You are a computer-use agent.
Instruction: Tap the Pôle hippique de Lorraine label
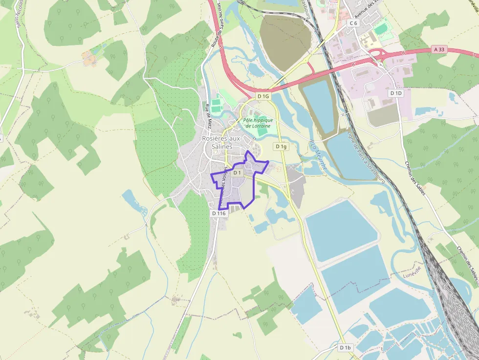click(x=258, y=123)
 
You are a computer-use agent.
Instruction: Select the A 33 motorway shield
click(x=439, y=49)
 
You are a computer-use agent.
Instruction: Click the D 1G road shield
click(x=263, y=96)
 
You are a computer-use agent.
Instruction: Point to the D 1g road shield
click(x=281, y=146)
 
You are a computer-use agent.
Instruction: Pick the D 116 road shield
click(x=219, y=213)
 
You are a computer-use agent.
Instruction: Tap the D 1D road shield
click(x=395, y=93)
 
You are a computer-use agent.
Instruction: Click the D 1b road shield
click(x=345, y=347)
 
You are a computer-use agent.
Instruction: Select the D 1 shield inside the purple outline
click(x=238, y=172)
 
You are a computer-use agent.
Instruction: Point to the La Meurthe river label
click(x=318, y=155)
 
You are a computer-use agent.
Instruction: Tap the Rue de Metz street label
click(x=208, y=113)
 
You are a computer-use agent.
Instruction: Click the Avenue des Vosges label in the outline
click(x=223, y=186)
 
